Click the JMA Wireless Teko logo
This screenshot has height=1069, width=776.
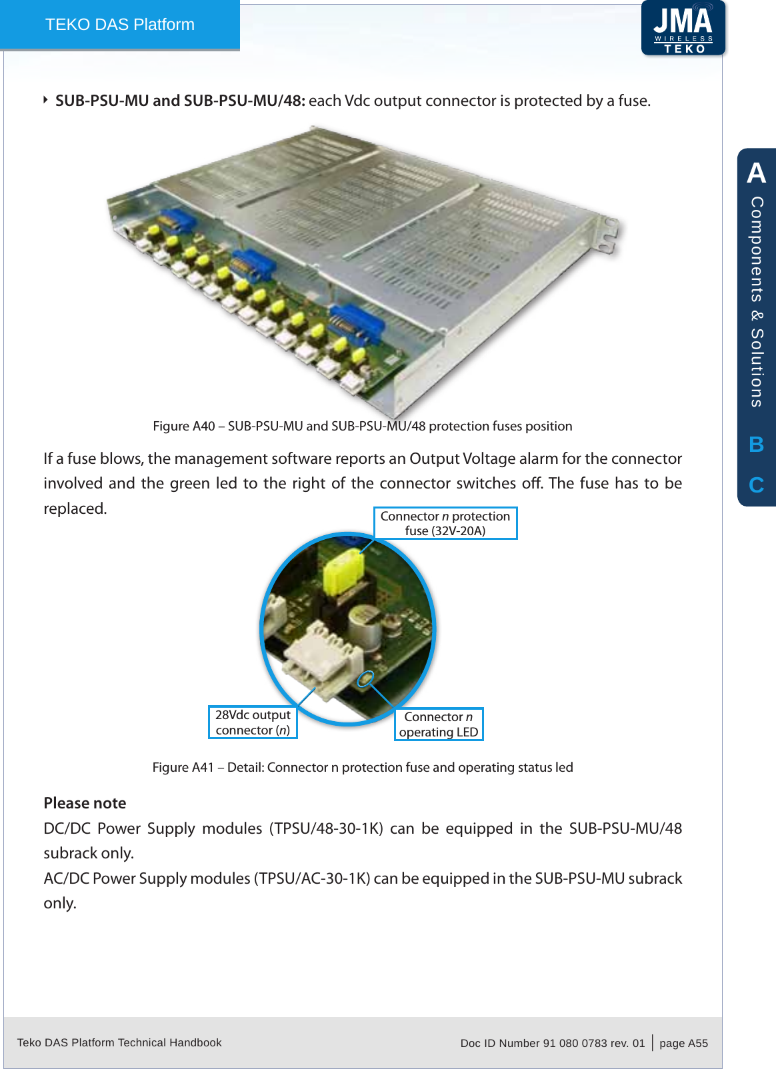683,28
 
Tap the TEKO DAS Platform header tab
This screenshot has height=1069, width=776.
120,25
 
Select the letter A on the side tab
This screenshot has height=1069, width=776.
756,173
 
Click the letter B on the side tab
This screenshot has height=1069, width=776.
756,445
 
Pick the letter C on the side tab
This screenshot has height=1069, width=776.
756,485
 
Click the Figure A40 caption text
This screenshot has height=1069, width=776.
362,426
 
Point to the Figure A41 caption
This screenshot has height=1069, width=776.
362,767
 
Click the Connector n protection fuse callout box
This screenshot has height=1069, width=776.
445,523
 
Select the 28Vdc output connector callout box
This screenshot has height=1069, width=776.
253,722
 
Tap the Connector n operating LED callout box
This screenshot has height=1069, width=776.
439,724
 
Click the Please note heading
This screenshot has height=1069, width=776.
85,803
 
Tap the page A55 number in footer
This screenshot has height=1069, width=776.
683,1043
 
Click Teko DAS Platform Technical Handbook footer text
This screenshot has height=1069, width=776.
119,1042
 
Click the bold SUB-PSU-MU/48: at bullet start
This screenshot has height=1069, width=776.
245,101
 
